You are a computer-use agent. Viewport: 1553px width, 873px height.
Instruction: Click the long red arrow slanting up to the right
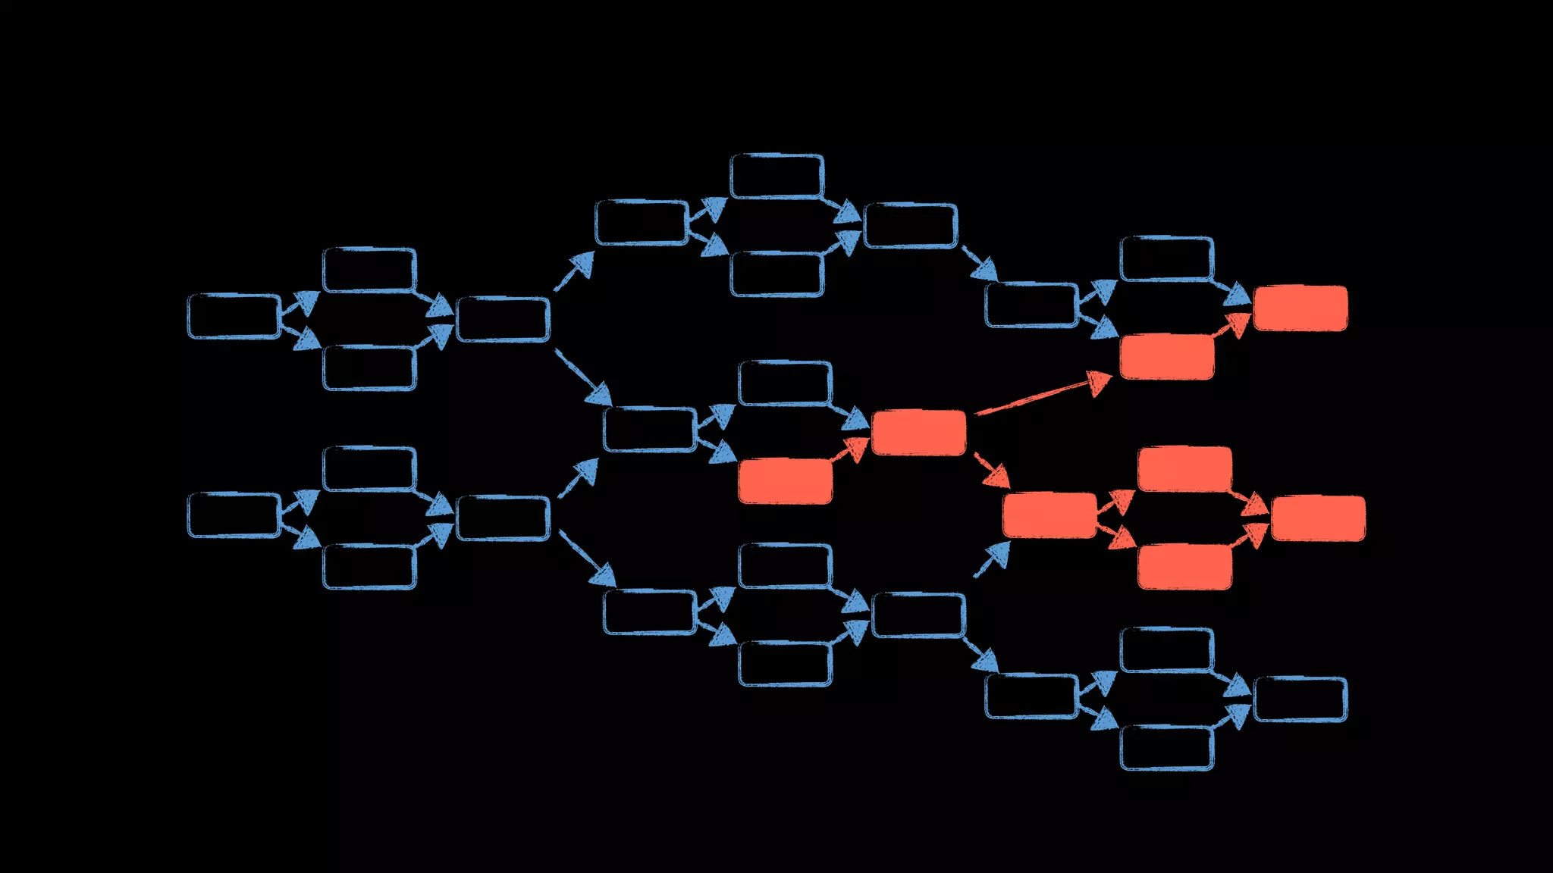click(x=1043, y=395)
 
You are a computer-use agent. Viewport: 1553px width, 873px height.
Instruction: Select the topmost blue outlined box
click(x=776, y=176)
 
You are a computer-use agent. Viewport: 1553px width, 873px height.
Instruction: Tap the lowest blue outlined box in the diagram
click(x=1166, y=748)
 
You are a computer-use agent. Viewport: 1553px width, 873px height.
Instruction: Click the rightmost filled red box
click(x=1318, y=518)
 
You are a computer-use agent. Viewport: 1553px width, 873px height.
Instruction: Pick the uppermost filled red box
click(x=1300, y=308)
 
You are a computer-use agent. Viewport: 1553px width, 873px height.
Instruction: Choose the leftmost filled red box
click(x=785, y=481)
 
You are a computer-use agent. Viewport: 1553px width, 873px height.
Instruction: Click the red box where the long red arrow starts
click(x=918, y=433)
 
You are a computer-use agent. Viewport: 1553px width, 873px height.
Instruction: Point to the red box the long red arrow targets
click(x=1166, y=357)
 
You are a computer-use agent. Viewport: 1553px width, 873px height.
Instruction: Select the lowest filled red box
click(x=1184, y=567)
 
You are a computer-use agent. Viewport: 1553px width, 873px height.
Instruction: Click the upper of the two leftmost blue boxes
click(x=234, y=316)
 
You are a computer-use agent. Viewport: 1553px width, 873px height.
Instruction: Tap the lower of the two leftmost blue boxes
click(x=234, y=515)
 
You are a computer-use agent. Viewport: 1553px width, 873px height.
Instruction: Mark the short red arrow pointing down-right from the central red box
click(x=991, y=470)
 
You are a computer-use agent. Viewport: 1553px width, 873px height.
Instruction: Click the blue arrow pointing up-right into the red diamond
click(x=992, y=560)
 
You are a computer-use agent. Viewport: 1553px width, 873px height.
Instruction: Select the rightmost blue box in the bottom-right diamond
click(x=1300, y=699)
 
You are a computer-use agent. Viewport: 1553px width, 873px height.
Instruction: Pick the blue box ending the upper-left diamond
click(x=502, y=319)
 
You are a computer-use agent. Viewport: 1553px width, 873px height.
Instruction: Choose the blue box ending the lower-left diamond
click(x=502, y=518)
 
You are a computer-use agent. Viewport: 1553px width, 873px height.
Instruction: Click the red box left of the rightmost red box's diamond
click(x=1049, y=515)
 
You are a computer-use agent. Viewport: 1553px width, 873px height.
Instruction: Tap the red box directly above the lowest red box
click(x=1184, y=469)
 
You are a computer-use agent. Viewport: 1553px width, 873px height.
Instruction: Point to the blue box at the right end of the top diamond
click(x=910, y=225)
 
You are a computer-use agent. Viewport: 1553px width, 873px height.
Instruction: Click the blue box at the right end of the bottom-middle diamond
click(x=918, y=615)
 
